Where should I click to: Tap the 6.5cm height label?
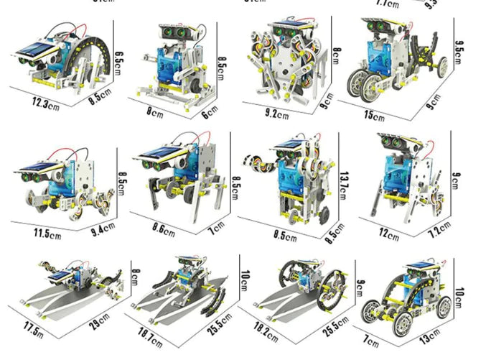click(x=120, y=56)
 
